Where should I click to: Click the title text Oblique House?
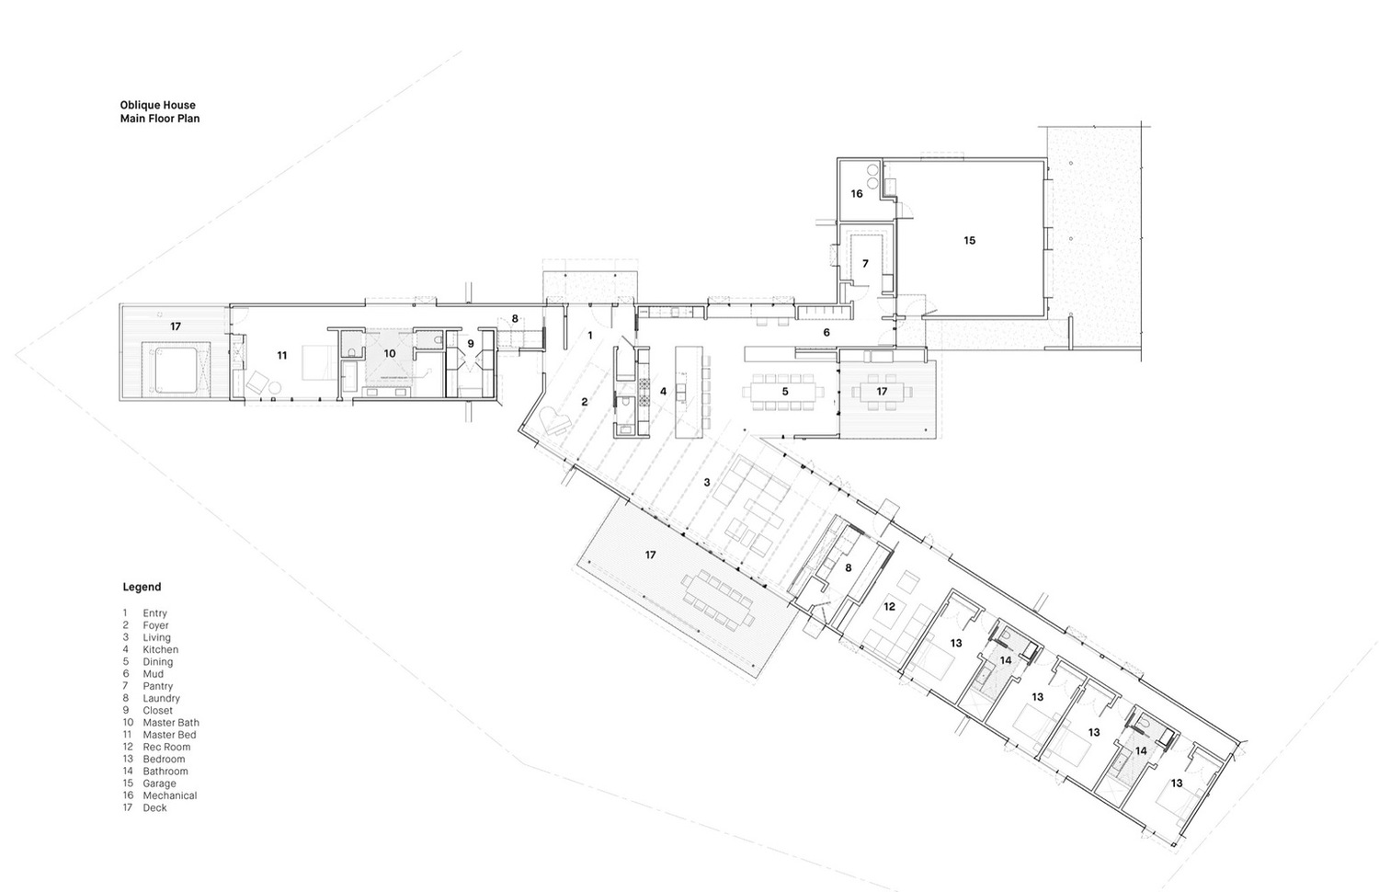point(157,105)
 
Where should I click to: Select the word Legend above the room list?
point(142,588)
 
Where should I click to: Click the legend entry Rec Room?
point(166,747)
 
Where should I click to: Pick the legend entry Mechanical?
point(170,795)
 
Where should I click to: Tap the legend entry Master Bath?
point(171,723)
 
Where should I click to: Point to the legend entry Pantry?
point(157,686)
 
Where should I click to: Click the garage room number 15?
point(970,241)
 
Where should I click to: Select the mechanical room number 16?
point(857,194)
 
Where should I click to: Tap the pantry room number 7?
point(866,264)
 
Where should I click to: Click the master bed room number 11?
point(282,355)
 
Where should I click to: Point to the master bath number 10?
point(390,354)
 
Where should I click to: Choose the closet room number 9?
point(471,344)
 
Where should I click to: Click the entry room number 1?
point(590,336)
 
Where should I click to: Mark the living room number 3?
point(707,483)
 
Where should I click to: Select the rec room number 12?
point(890,607)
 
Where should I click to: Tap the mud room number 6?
point(826,332)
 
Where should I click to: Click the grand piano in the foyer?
point(554,421)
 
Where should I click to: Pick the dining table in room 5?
point(783,391)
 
